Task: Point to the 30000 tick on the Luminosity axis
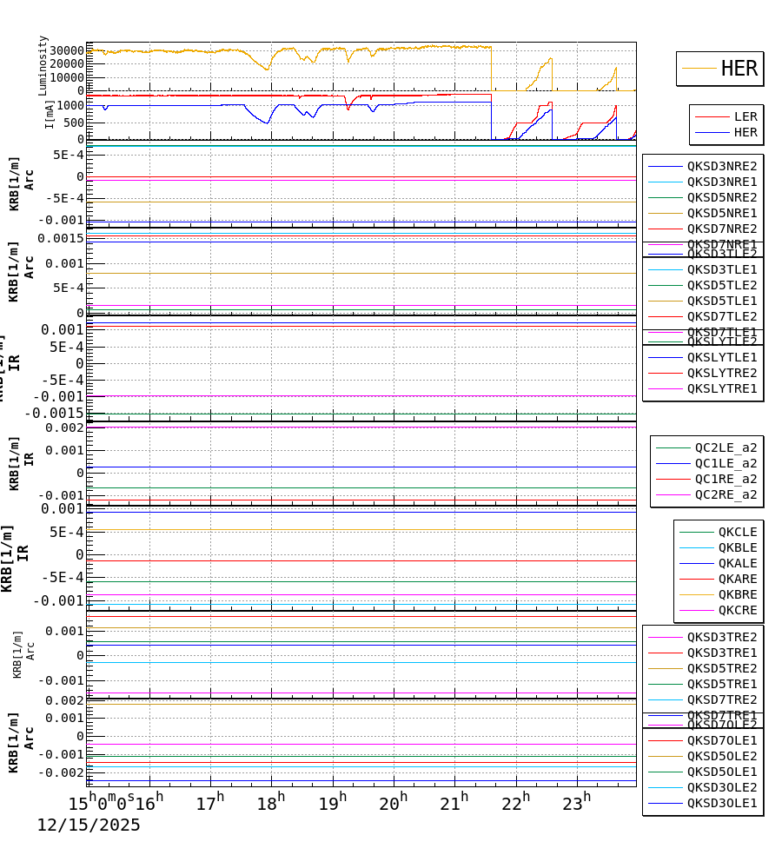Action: (66, 50)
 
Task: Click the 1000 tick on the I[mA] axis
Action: (70, 105)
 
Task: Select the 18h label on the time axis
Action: (266, 804)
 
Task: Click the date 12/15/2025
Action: (88, 825)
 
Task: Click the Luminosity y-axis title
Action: (43, 65)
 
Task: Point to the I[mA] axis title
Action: (50, 114)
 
